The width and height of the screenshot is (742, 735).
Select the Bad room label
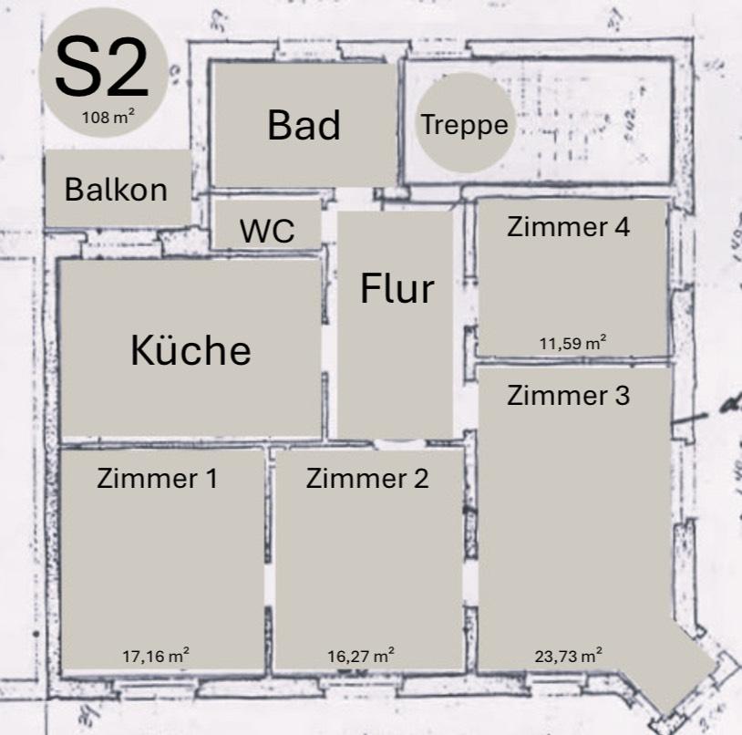click(304, 125)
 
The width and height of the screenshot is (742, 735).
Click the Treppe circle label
click(464, 124)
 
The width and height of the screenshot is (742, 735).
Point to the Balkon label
click(116, 190)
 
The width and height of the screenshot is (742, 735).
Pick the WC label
click(267, 231)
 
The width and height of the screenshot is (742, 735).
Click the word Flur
click(397, 289)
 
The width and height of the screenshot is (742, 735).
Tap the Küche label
click(191, 349)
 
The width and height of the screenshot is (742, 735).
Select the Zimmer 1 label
click(157, 478)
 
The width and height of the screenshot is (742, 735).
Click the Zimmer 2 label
click(366, 478)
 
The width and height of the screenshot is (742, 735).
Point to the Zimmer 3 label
click(568, 396)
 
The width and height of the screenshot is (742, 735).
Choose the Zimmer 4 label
click(568, 227)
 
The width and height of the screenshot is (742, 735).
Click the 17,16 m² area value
click(156, 654)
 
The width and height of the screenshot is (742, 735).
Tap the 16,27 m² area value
click(361, 654)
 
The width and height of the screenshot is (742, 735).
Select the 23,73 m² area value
click(567, 654)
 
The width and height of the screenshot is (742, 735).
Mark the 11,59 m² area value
click(572, 343)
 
